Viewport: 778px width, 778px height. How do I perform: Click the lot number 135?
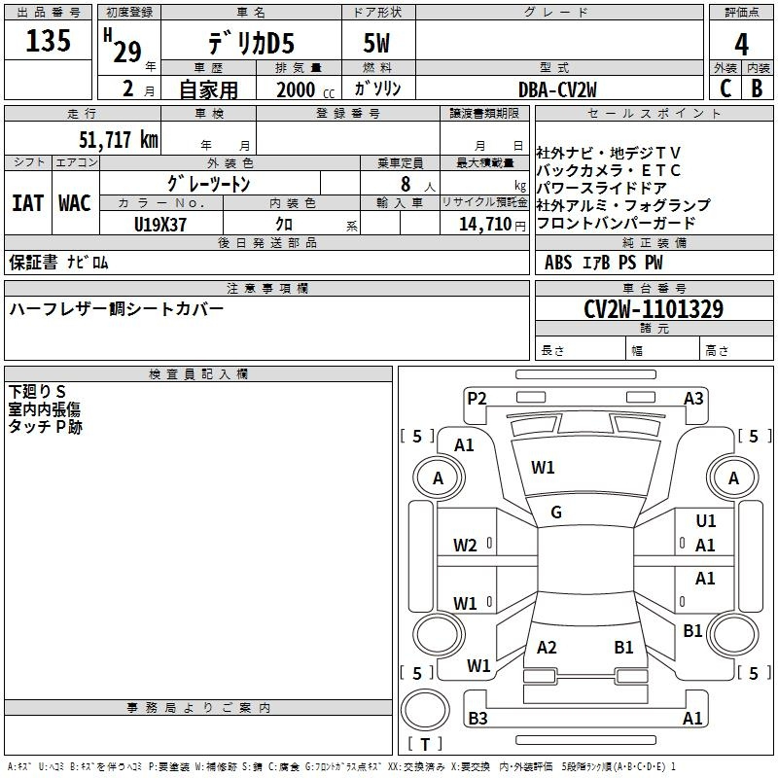pyautogui.click(x=49, y=42)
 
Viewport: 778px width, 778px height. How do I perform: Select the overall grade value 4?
pyautogui.click(x=742, y=45)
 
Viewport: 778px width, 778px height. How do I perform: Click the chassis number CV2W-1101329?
pyautogui.click(x=654, y=310)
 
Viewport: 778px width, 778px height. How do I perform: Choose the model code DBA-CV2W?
pyautogui.click(x=557, y=88)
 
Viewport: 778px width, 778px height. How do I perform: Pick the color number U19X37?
pyautogui.click(x=160, y=224)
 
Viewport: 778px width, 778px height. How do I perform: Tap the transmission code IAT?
pyautogui.click(x=27, y=203)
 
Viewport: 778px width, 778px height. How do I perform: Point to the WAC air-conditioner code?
pyautogui.click(x=75, y=203)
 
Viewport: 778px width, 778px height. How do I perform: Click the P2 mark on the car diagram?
pyautogui.click(x=477, y=397)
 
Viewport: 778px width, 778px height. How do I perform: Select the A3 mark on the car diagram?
pyautogui.click(x=693, y=397)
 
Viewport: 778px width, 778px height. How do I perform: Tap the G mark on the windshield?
pyautogui.click(x=556, y=513)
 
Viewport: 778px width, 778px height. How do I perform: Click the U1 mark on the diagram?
pyautogui.click(x=706, y=521)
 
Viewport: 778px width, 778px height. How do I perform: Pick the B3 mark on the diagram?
pyautogui.click(x=477, y=719)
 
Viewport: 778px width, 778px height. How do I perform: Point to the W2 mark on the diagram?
pyautogui.click(x=465, y=546)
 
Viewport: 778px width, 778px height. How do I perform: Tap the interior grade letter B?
pyautogui.click(x=757, y=88)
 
